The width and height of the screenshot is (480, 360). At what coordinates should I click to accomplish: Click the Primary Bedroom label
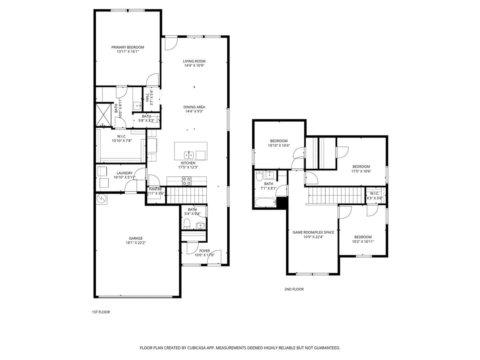click(128, 47)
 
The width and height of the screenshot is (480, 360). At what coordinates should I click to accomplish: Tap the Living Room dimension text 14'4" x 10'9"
click(194, 66)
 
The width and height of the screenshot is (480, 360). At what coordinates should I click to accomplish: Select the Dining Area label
click(194, 107)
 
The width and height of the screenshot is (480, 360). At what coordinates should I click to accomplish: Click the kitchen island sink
click(189, 154)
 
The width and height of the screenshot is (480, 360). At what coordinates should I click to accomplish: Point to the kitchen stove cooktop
click(187, 181)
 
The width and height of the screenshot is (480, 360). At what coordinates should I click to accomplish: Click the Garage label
click(136, 238)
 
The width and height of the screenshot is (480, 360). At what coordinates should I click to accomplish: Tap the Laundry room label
click(124, 173)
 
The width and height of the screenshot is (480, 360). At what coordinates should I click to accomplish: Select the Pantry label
click(155, 189)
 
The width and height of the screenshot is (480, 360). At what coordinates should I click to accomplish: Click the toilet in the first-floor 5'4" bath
click(186, 224)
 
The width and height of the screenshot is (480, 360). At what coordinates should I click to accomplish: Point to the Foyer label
click(204, 251)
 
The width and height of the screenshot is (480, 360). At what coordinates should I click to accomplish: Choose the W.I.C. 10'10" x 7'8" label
click(122, 136)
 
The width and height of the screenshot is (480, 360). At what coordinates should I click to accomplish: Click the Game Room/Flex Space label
click(313, 232)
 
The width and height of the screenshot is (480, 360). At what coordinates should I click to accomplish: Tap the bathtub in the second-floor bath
click(266, 202)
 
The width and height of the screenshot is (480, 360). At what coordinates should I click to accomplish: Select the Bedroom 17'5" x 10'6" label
click(361, 166)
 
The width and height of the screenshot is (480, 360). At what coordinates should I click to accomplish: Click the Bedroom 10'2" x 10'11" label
click(363, 237)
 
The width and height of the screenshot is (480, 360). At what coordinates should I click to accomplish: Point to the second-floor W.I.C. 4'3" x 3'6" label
click(374, 193)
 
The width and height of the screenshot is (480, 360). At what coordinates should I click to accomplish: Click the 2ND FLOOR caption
click(294, 289)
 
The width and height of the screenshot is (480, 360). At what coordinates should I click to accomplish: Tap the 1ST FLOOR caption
click(101, 312)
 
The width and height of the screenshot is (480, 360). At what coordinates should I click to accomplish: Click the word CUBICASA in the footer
click(197, 348)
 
